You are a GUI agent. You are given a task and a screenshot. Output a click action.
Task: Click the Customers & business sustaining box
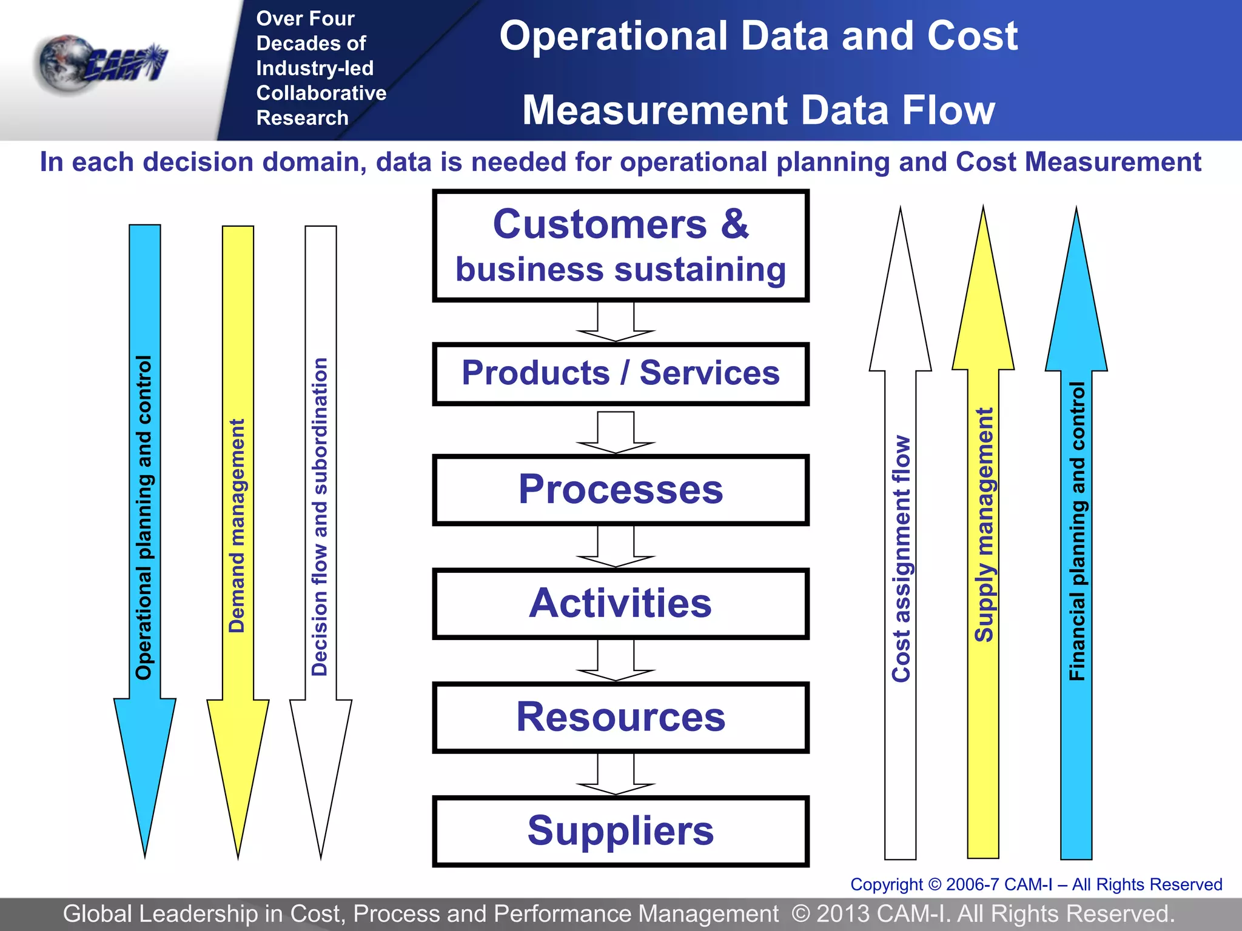(x=620, y=245)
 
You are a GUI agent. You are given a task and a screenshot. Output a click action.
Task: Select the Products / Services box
(x=620, y=373)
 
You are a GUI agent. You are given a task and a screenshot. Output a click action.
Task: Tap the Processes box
(x=620, y=490)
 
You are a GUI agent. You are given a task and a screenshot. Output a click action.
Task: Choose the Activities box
(x=620, y=604)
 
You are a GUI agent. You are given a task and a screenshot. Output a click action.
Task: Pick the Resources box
(x=620, y=718)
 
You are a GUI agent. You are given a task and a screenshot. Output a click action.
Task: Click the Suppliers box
(x=620, y=831)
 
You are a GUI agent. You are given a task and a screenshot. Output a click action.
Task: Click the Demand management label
(x=237, y=526)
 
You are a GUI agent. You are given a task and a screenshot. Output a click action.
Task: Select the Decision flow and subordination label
(x=320, y=517)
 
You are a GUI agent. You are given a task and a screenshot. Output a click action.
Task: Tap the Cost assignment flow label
(x=901, y=558)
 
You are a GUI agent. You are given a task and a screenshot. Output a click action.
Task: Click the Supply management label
(x=984, y=524)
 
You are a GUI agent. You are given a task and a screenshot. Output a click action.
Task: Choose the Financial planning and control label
(x=1077, y=531)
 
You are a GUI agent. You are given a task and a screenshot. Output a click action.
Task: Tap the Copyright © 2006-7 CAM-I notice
(x=1036, y=884)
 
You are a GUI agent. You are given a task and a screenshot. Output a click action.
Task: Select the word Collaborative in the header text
(x=321, y=93)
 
